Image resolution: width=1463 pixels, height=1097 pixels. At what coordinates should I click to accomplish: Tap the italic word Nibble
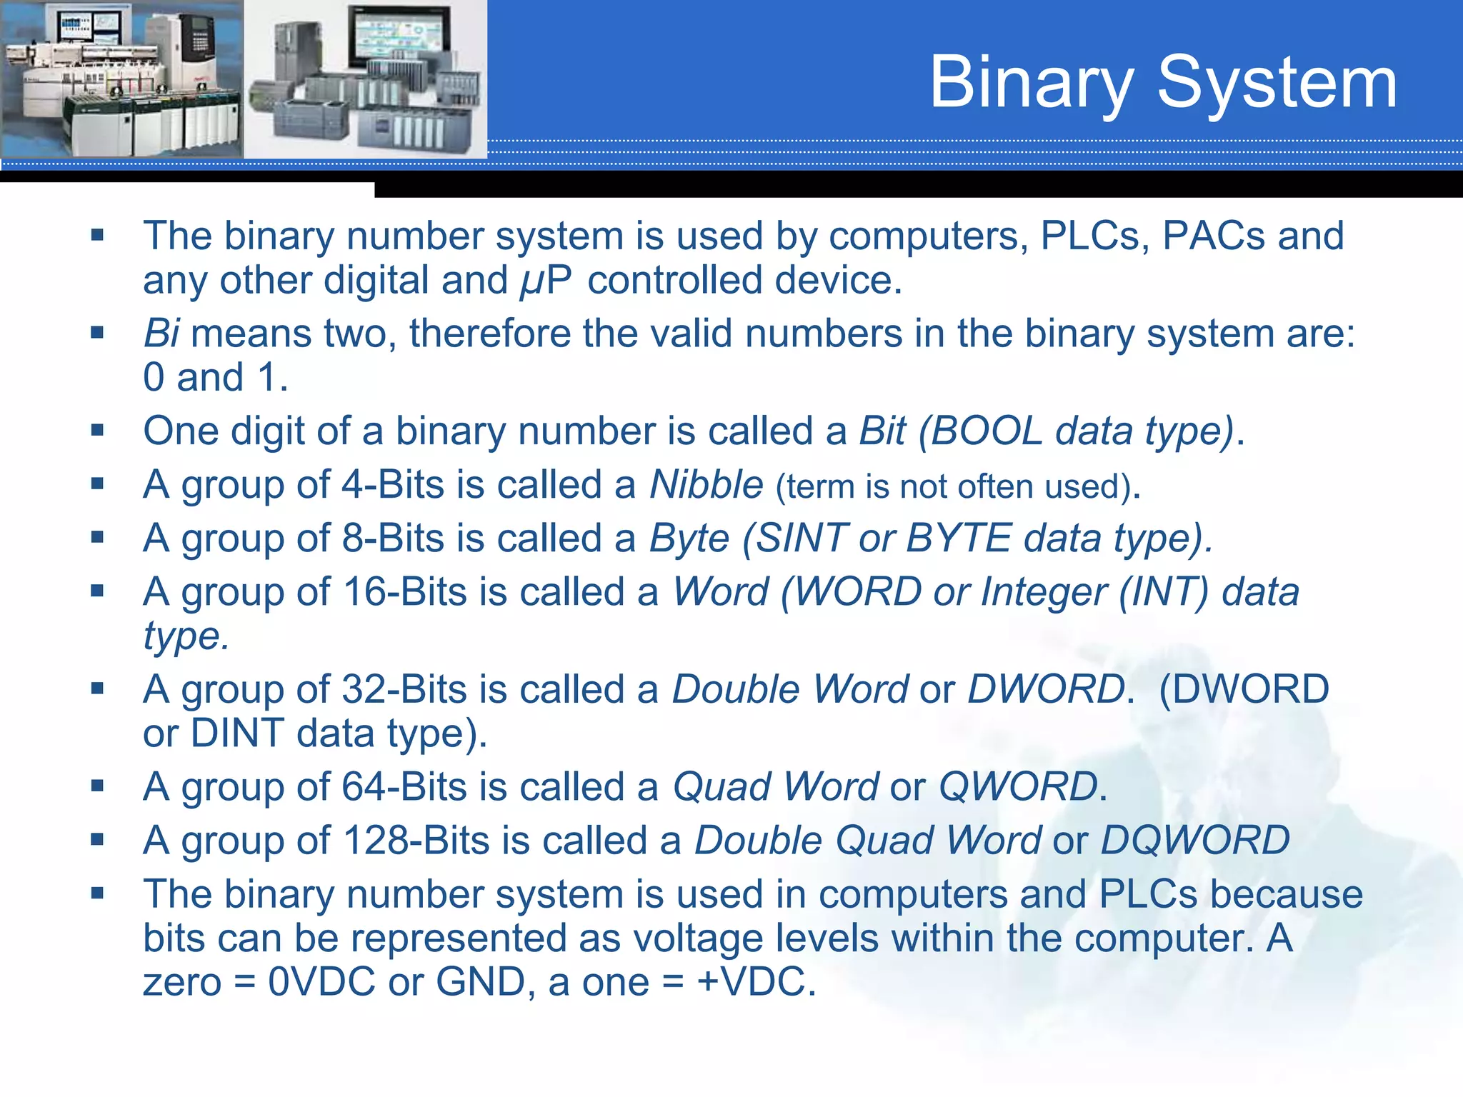(706, 485)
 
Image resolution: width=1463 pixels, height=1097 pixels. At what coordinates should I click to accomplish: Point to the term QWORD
(1017, 787)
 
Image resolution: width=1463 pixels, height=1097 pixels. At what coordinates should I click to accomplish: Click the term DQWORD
(1195, 841)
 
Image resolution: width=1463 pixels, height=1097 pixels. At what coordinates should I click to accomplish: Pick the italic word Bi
(161, 334)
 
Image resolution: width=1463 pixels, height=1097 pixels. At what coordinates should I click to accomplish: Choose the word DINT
(237, 733)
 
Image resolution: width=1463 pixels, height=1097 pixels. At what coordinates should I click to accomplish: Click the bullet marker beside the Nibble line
(98, 484)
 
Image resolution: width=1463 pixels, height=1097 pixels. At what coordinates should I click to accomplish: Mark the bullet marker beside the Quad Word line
(98, 786)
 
